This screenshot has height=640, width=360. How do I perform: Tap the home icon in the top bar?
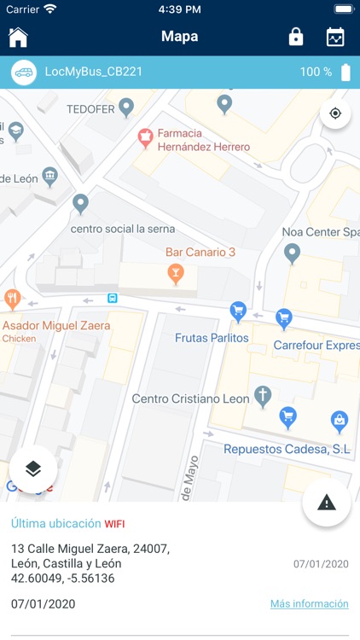point(18,37)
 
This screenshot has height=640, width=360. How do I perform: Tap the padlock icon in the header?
point(295,37)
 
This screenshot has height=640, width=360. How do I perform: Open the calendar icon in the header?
point(335,37)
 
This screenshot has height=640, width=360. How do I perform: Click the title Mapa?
point(179,37)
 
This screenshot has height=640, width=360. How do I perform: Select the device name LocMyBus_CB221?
point(93,73)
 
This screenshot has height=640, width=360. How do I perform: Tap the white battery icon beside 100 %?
point(345,73)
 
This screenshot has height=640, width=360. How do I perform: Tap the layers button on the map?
point(33,468)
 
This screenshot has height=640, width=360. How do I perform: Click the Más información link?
point(309,603)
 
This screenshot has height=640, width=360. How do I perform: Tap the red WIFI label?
point(114,524)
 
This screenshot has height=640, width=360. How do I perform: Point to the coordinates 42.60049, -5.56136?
point(62,579)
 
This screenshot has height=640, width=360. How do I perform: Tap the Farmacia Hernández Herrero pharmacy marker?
point(145,136)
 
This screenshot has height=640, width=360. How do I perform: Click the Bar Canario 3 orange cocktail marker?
point(176,273)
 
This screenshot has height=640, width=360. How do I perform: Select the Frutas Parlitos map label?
point(212,338)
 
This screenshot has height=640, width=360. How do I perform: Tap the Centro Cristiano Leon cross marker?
point(264,396)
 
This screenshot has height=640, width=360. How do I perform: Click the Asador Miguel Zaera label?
point(56,326)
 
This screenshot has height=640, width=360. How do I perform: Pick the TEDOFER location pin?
point(126,108)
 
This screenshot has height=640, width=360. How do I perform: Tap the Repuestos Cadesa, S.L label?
point(287,449)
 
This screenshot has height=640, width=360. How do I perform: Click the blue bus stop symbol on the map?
point(113,298)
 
